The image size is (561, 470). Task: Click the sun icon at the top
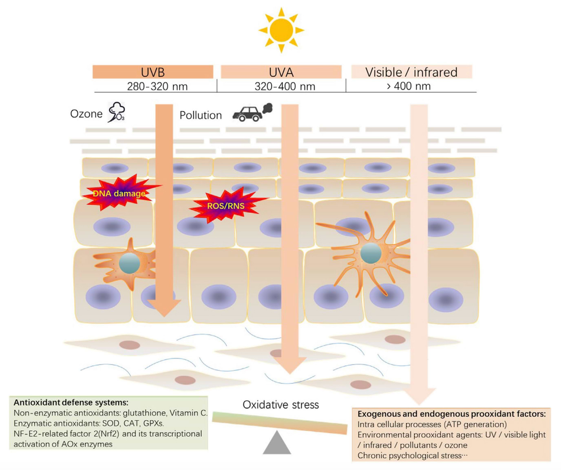[x=281, y=30]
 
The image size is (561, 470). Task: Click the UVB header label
[x=153, y=72]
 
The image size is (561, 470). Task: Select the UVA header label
[x=281, y=72]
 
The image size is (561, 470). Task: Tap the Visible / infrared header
[x=411, y=72]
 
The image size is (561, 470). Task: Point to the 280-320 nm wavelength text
[x=157, y=86]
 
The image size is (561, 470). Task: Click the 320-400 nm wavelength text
[x=285, y=86]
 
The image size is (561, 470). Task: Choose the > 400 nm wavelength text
[x=409, y=86]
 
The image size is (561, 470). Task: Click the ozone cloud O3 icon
[x=116, y=112]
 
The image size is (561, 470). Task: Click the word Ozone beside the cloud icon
[x=86, y=114]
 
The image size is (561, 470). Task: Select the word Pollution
[x=201, y=115]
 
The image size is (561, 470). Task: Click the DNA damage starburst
[x=119, y=193]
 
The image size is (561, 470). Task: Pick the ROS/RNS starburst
[x=226, y=206]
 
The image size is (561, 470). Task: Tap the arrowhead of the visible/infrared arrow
[x=419, y=396]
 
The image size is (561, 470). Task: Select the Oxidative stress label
[x=281, y=404]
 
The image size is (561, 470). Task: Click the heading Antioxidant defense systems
[x=71, y=402]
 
